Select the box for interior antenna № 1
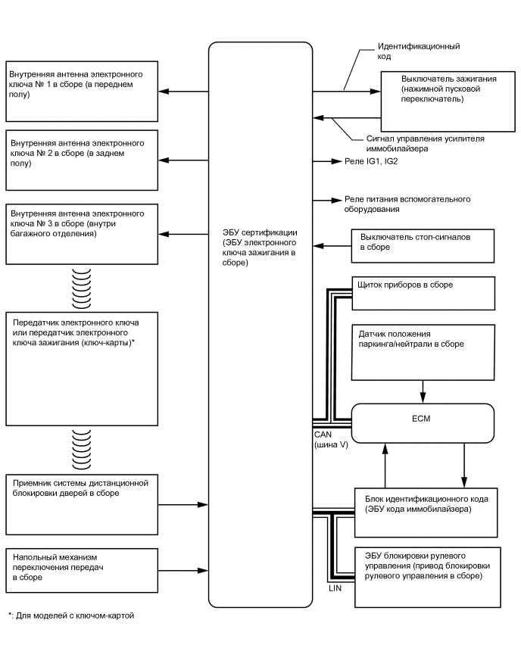82,92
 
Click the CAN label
323,435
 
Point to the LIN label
336,587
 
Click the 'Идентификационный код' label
418,51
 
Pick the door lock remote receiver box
82,503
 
